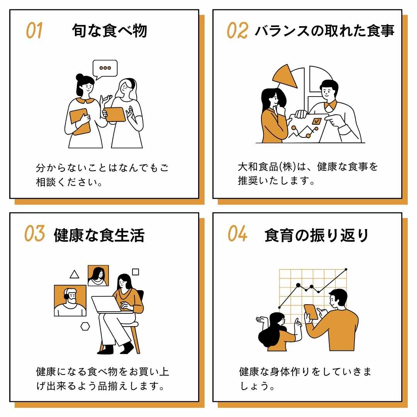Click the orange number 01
[x=34, y=31]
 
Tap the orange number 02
[x=237, y=31]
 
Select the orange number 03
[x=34, y=234]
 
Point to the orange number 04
[x=237, y=234]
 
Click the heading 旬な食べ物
[x=110, y=31]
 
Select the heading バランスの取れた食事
[x=324, y=31]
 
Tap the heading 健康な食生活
[x=99, y=235]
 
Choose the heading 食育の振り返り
[x=317, y=235]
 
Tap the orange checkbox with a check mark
[x=317, y=120]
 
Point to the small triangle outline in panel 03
[x=74, y=275]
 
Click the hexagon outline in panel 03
[x=85, y=326]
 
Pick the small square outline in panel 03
[x=136, y=272]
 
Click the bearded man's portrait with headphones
[x=70, y=300]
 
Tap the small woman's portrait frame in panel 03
[x=98, y=275]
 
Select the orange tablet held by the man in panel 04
[x=311, y=312]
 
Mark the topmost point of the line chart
[x=346, y=269]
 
